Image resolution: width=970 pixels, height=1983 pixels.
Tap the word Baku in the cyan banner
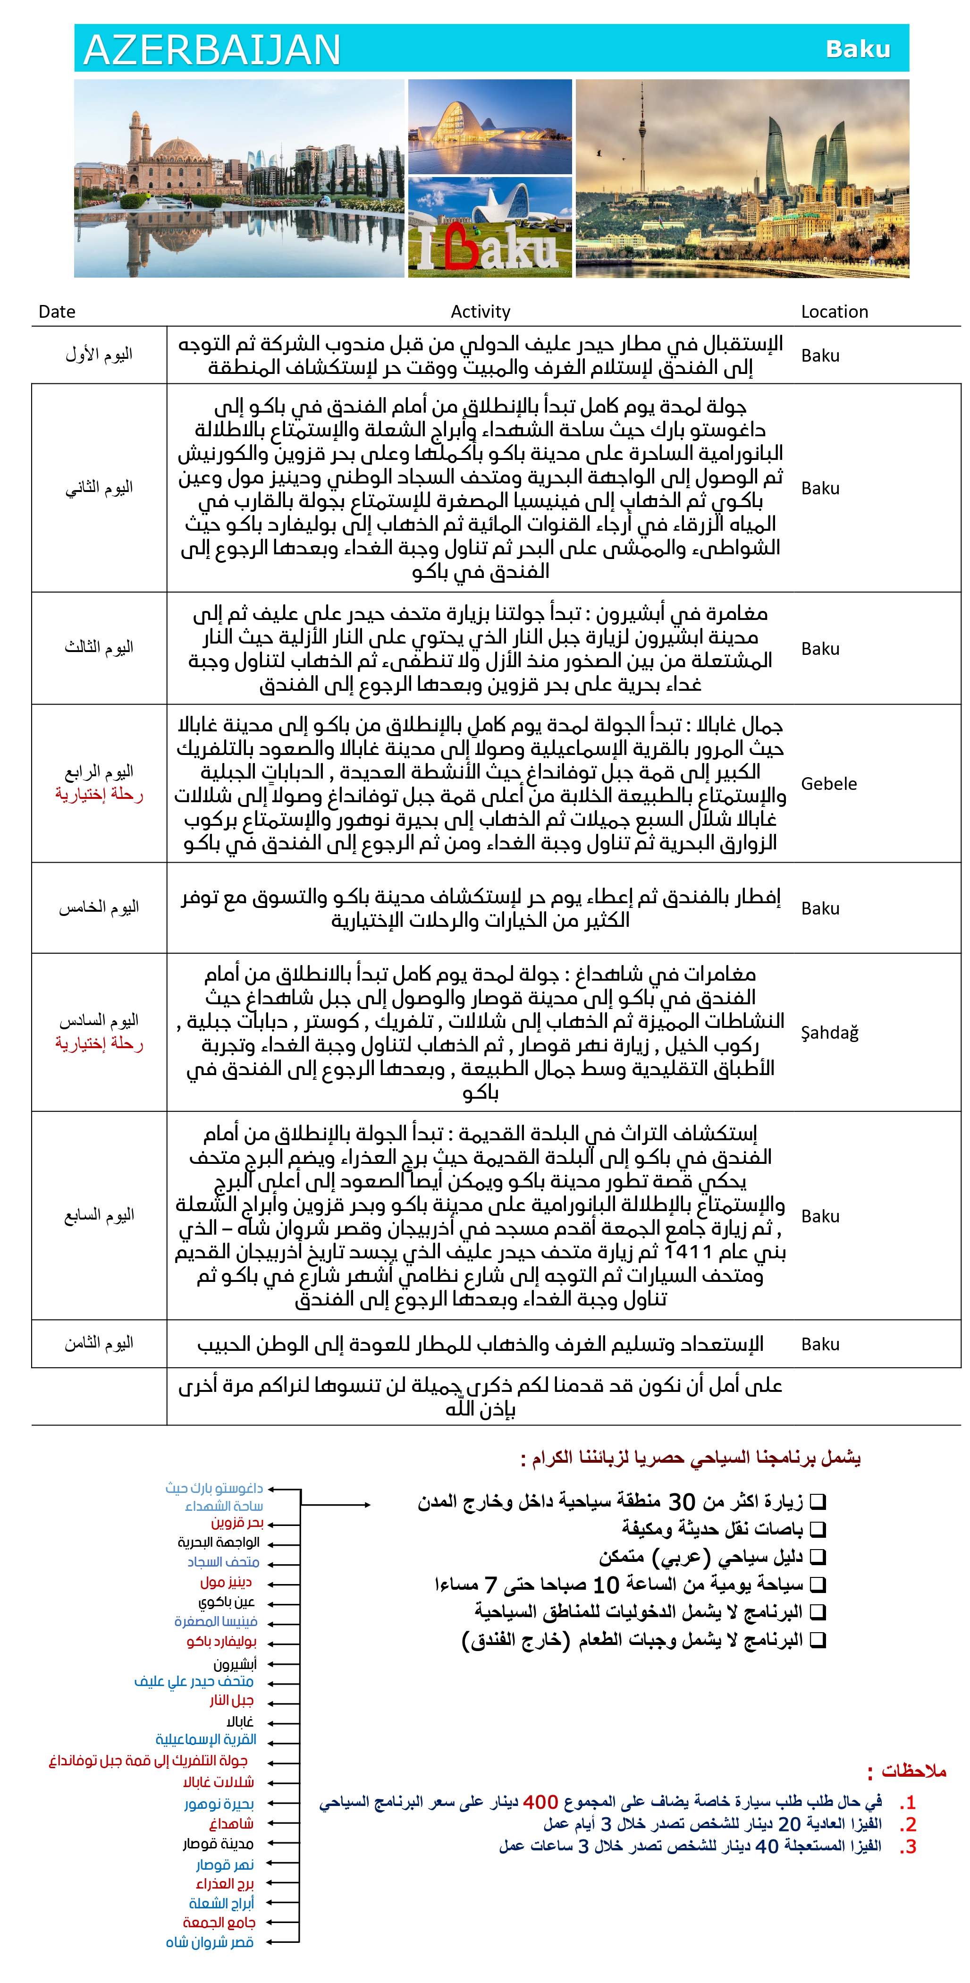pyautogui.click(x=858, y=49)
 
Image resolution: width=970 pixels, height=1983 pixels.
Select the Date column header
pyautogui.click(x=57, y=312)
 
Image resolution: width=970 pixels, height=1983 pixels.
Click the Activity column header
pyautogui.click(x=481, y=312)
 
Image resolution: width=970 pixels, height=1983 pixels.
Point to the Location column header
pyautogui.click(x=835, y=312)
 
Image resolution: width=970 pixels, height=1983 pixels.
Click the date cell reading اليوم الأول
pyautogui.click(x=99, y=355)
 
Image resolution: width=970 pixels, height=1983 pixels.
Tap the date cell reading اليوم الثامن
pyautogui.click(x=99, y=1343)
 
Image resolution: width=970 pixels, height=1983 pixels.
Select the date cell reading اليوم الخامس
pyautogui.click(x=99, y=907)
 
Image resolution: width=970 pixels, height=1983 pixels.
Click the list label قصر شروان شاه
pyautogui.click(x=210, y=1942)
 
